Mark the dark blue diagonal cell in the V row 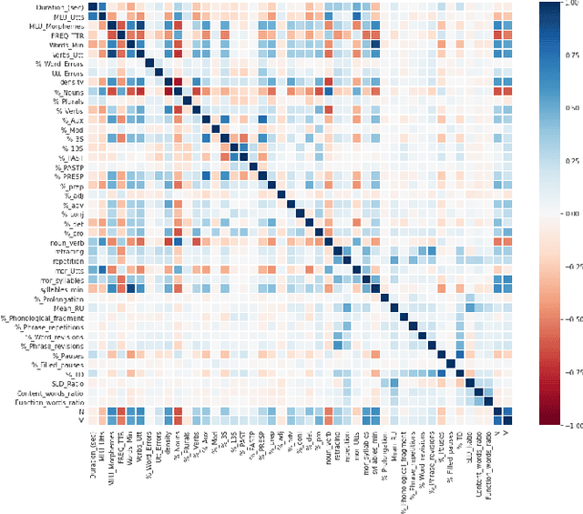506,420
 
